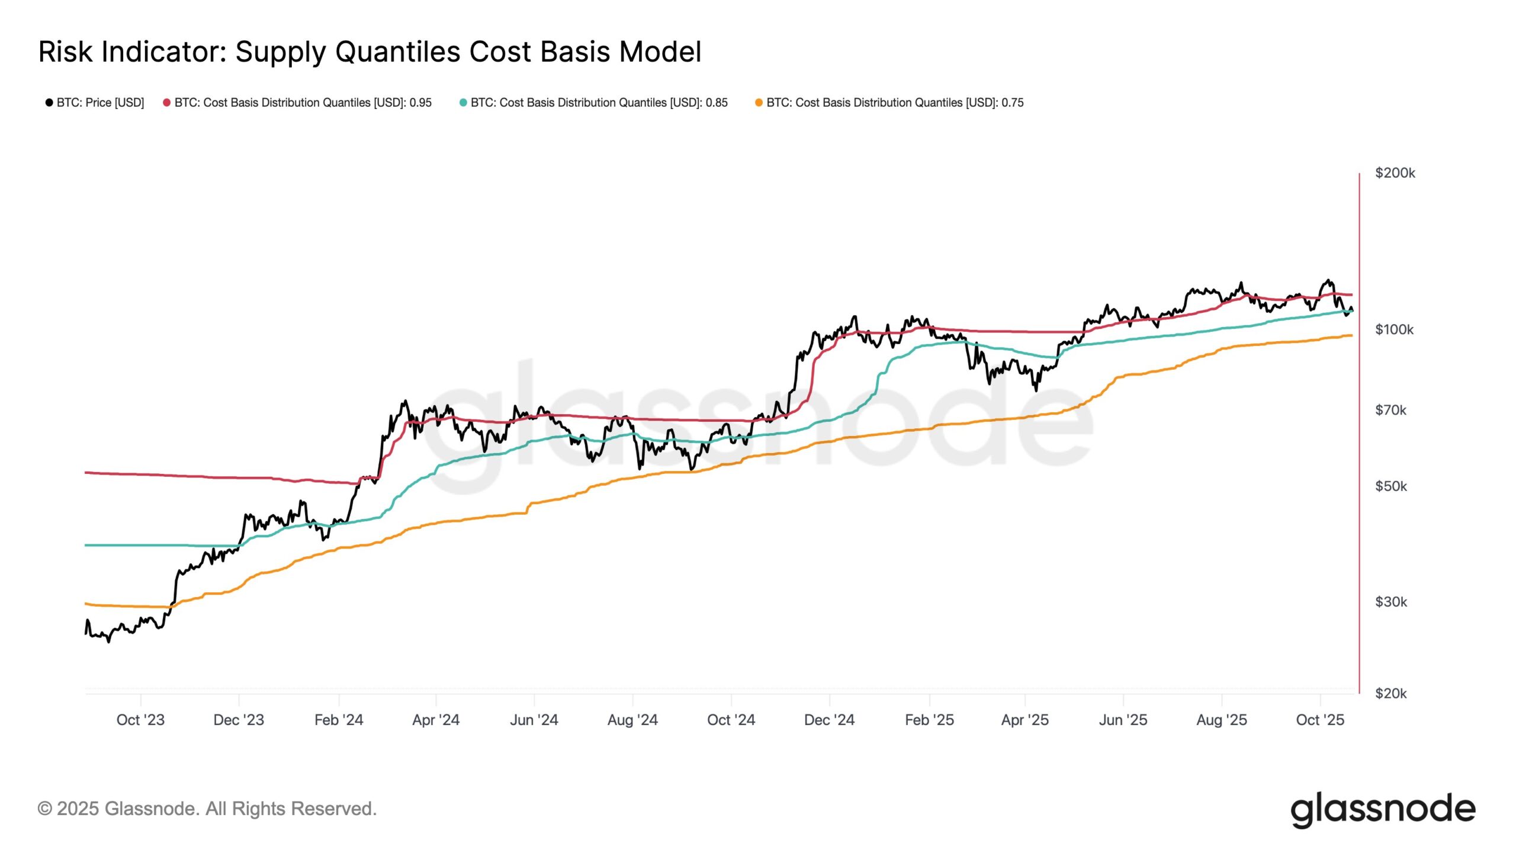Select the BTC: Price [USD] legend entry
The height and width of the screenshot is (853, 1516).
(95, 102)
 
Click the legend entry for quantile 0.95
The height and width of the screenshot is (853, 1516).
(297, 102)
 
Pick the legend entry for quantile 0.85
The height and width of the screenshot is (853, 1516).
(593, 102)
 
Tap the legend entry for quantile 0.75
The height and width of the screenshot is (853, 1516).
(889, 102)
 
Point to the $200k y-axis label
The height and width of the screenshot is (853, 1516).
(1395, 173)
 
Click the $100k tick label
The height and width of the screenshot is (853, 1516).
(1394, 329)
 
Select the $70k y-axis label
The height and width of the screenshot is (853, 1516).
(1390, 410)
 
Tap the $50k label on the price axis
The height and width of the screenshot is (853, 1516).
(1390, 486)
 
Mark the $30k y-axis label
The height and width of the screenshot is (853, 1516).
(1390, 602)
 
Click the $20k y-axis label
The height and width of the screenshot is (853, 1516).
(1390, 693)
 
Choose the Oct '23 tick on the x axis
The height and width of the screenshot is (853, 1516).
(140, 720)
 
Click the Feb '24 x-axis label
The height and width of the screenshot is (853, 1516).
(339, 720)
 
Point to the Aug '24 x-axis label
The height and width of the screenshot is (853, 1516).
(632, 720)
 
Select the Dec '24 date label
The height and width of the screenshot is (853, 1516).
(829, 720)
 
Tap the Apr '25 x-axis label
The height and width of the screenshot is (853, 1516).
(1024, 720)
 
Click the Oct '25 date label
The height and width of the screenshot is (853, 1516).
(1320, 720)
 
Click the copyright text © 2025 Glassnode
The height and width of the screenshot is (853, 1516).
(207, 809)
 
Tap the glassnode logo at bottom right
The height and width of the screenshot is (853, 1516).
(1383, 810)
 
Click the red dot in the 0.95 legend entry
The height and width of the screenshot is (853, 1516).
(167, 102)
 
